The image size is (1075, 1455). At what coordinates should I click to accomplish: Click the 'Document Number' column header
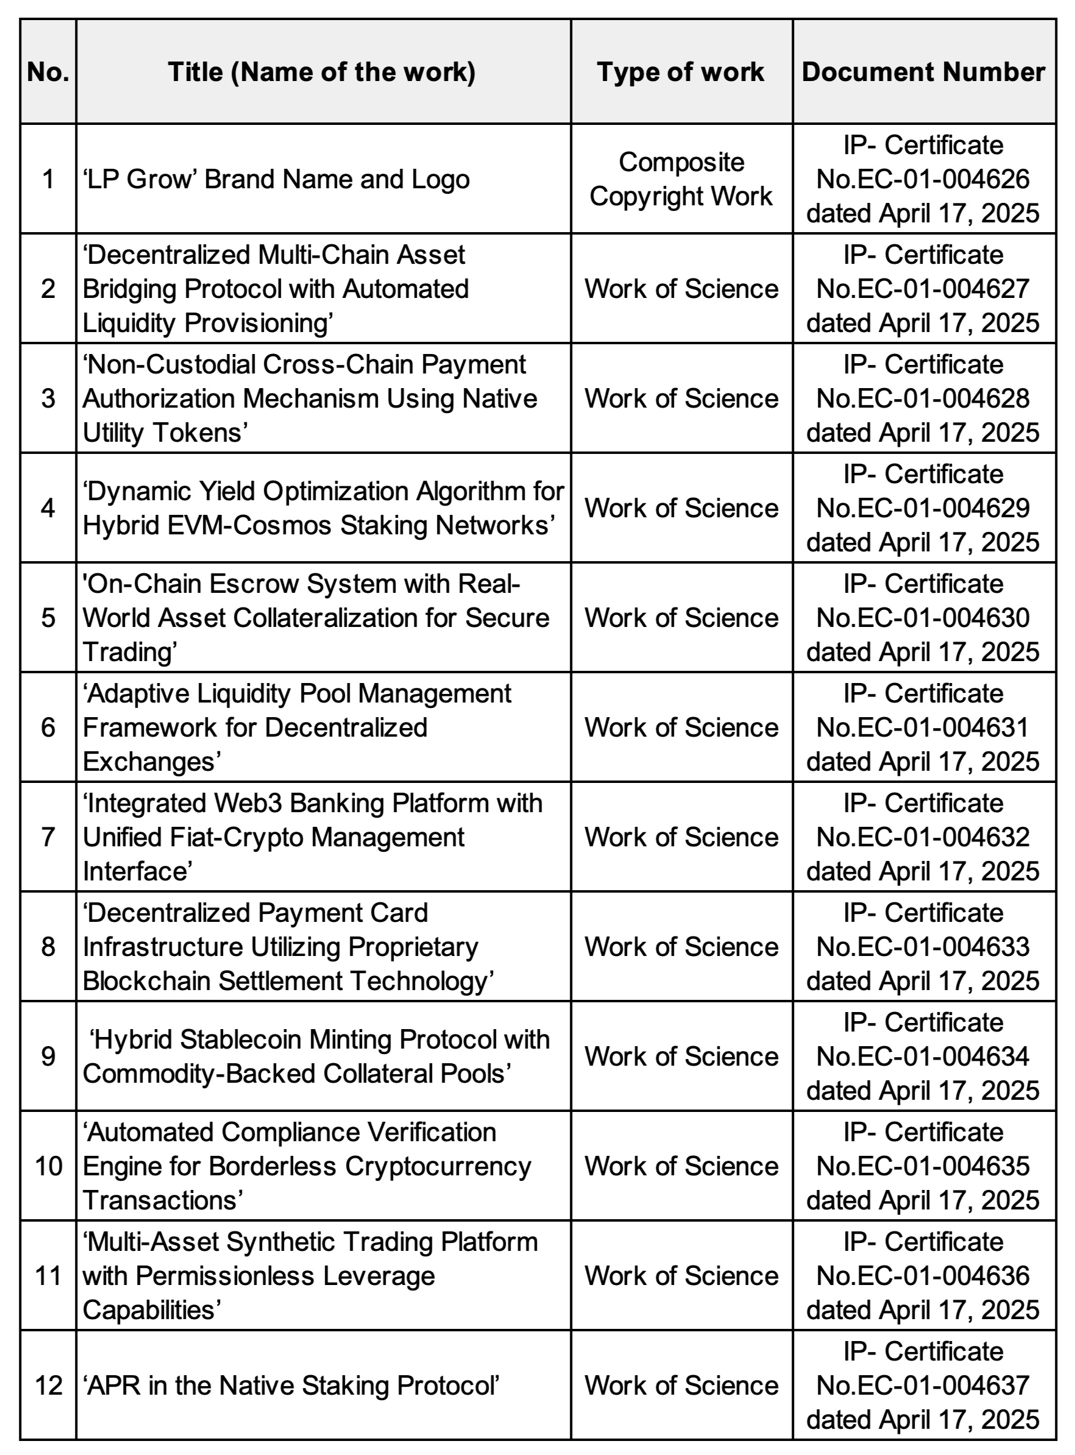[x=923, y=72]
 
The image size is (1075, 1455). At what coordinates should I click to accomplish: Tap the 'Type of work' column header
[x=681, y=72]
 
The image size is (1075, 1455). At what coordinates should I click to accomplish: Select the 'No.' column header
[x=48, y=72]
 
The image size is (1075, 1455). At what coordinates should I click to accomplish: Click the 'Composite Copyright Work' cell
[x=681, y=179]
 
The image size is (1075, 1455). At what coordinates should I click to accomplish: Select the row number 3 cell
[x=48, y=398]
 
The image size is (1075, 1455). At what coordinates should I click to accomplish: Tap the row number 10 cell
[x=48, y=1166]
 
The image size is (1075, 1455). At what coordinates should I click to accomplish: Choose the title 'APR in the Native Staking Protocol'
[x=291, y=1385]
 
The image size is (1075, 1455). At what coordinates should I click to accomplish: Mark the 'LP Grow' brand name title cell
[x=276, y=179]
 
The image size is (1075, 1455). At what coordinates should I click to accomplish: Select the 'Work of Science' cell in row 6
[x=681, y=727]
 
